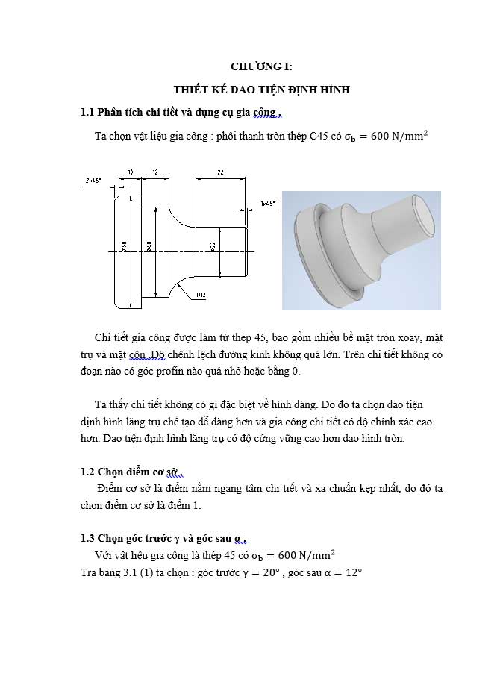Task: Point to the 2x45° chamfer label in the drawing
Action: click(93, 181)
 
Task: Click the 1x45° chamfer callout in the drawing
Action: click(268, 203)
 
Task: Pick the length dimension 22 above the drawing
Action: click(220, 172)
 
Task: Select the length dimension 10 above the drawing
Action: click(130, 172)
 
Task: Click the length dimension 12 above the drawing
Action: click(154, 172)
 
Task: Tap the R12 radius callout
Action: click(201, 295)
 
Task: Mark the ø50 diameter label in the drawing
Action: click(124, 246)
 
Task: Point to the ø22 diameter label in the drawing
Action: click(213, 247)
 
